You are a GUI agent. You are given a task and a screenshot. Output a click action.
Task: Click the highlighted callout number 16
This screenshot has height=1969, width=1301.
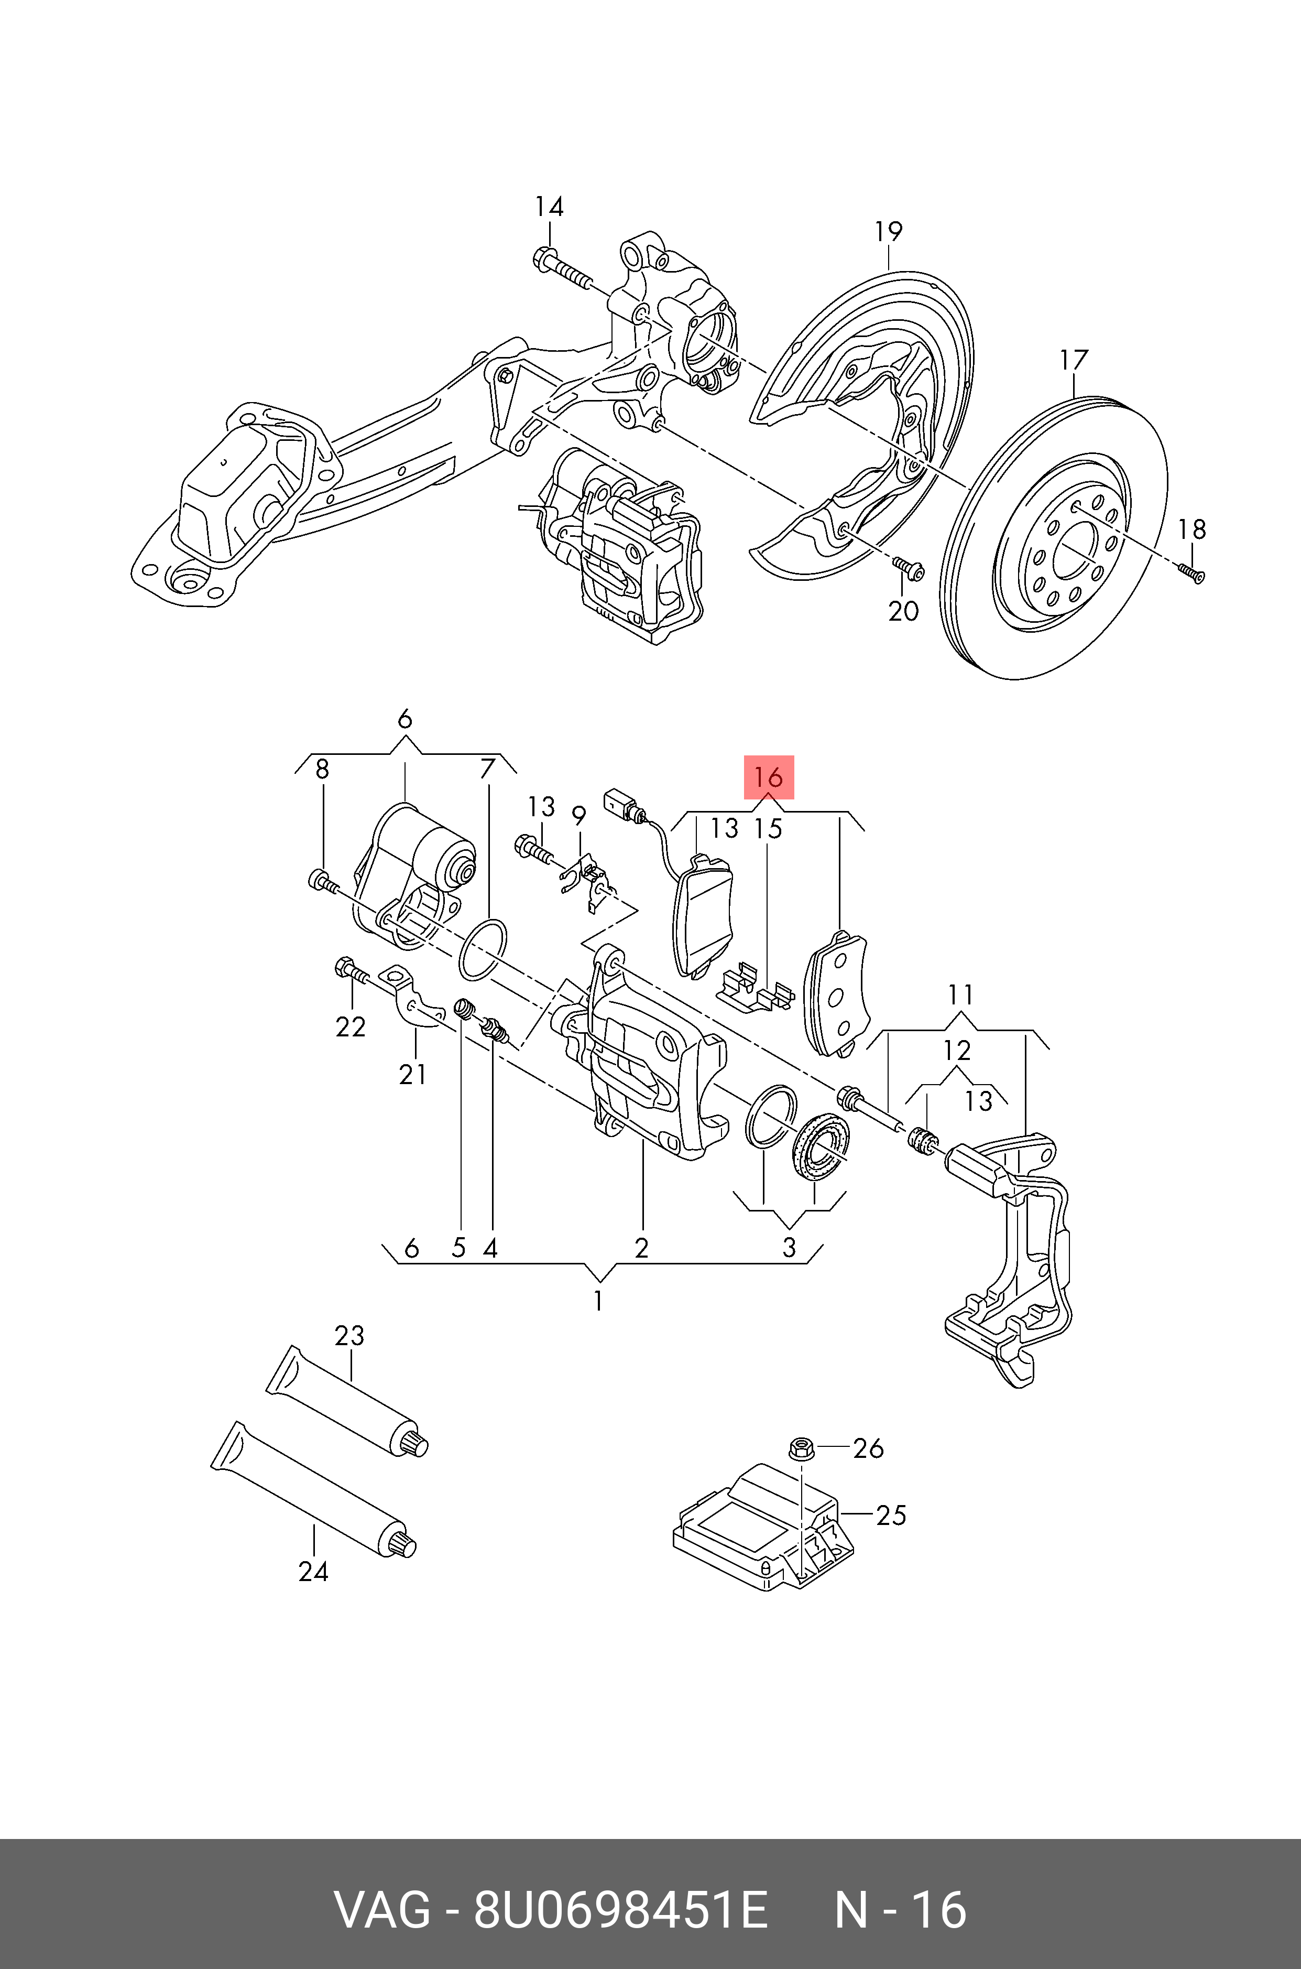point(768,778)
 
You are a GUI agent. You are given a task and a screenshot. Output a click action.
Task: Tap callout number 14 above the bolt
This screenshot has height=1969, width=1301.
point(549,207)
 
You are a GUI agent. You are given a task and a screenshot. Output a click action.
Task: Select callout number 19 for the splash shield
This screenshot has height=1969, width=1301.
point(888,232)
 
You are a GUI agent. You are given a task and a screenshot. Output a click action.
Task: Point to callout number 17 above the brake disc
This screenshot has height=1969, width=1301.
point(1073,360)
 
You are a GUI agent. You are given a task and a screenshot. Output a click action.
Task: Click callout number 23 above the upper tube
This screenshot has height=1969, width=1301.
point(349,1336)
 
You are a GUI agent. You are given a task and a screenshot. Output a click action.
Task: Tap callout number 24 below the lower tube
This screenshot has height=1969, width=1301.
point(314,1572)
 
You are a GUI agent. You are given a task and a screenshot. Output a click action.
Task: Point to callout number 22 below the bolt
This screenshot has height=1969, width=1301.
point(350,1027)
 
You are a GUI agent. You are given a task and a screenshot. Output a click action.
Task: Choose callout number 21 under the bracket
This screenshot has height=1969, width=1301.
point(412,1074)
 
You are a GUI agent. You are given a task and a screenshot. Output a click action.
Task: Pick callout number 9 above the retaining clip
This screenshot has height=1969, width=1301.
point(578,816)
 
